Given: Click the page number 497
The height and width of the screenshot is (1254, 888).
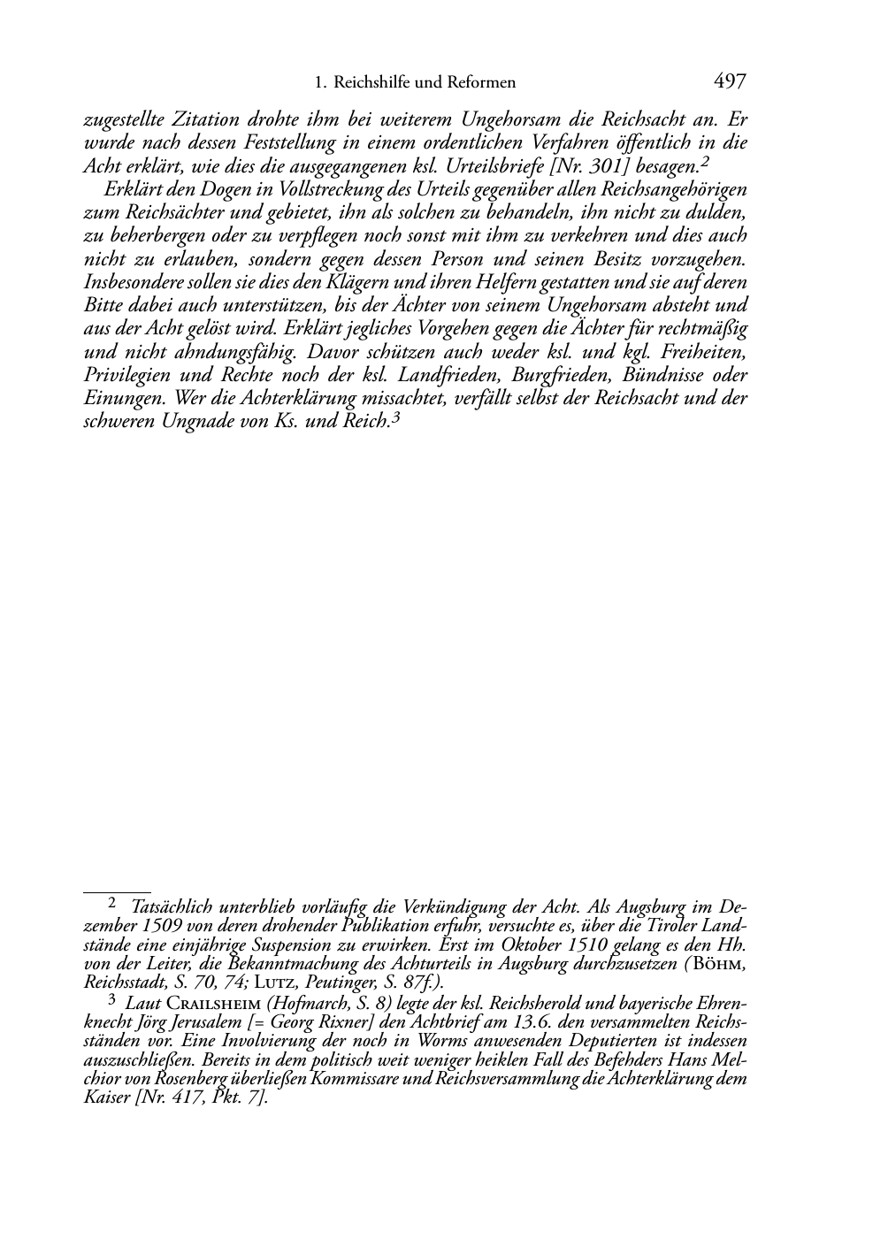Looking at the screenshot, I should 730,82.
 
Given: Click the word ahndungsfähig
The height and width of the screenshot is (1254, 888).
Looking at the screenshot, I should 203,352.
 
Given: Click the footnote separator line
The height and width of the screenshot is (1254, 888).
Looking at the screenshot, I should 117,881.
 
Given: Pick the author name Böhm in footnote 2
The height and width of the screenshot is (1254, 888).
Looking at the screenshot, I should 723,965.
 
